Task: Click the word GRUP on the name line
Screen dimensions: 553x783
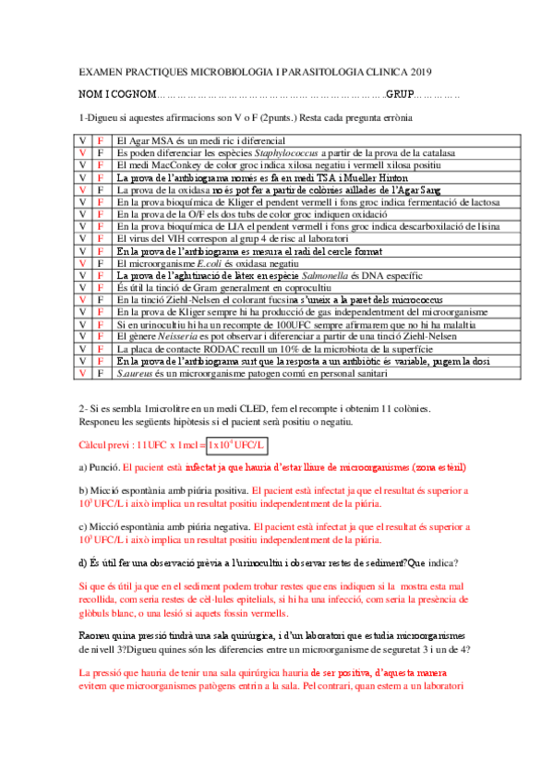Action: click(x=399, y=95)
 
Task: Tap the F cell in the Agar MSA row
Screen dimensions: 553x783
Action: click(x=100, y=140)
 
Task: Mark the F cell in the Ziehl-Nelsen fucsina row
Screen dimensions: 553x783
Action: click(x=100, y=299)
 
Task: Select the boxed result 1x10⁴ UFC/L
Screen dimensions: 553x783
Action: click(x=236, y=445)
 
